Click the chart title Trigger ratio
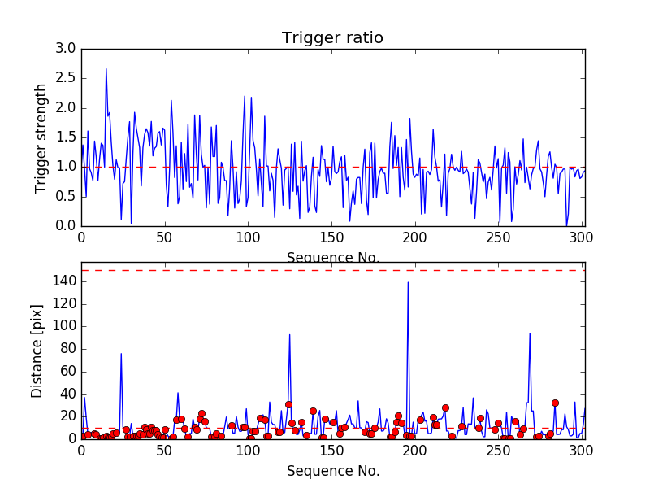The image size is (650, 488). [332, 38]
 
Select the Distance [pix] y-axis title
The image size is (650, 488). [37, 351]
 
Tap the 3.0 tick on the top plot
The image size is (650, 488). [66, 49]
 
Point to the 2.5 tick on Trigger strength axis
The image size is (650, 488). [66, 78]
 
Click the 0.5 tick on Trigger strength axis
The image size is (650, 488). [66, 196]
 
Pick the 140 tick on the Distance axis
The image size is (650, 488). [65, 281]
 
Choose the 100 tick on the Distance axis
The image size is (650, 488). [65, 326]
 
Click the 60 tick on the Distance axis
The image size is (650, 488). [68, 371]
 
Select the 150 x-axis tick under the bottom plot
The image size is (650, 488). [331, 450]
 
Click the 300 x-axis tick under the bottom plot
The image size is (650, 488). [582, 450]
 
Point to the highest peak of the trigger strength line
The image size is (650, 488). [106, 68]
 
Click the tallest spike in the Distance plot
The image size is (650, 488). [408, 282]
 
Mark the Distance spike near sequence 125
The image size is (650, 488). [289, 334]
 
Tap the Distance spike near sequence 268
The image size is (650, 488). [530, 333]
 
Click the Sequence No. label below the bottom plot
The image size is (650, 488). [332, 470]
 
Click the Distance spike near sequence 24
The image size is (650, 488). [121, 353]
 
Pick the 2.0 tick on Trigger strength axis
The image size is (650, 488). [66, 107]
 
